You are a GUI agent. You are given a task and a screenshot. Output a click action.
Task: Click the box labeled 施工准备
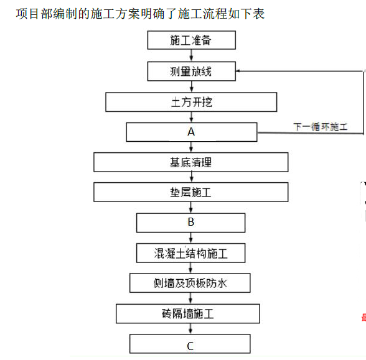click(192, 40)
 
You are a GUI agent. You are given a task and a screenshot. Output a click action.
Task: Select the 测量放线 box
click(192, 72)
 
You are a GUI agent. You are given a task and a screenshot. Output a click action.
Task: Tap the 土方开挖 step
click(191, 102)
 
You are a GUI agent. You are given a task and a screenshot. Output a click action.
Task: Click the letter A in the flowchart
click(191, 132)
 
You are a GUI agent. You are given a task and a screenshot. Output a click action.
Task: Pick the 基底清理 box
click(191, 162)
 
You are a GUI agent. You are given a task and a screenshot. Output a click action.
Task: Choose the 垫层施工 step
click(191, 192)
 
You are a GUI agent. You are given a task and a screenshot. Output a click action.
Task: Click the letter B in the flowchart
click(191, 222)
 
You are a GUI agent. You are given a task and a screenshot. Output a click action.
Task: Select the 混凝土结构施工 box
click(190, 253)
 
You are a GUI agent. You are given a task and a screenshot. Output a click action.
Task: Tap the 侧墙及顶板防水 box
click(190, 283)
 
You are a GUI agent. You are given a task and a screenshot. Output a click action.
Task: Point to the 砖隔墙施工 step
click(188, 313)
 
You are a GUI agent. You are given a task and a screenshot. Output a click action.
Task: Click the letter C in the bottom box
click(190, 346)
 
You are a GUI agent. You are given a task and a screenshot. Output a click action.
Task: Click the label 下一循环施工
click(320, 127)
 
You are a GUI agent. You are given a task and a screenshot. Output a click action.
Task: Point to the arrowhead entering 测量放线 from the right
click(238, 71)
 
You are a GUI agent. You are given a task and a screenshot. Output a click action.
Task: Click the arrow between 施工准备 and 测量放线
click(192, 55)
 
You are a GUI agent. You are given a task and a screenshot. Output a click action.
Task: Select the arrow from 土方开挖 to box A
click(192, 117)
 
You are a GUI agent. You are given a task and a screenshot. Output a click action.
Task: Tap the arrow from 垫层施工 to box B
click(191, 208)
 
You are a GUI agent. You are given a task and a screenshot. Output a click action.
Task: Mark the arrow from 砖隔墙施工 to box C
click(190, 329)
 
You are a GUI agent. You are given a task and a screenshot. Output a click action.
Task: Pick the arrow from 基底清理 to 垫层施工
click(192, 177)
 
